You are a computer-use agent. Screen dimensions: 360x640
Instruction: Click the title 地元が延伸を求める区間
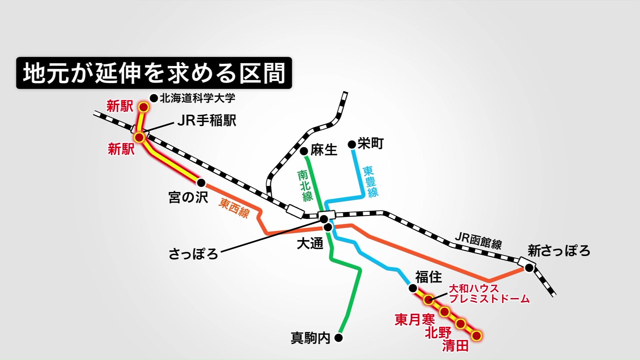[x=154, y=73]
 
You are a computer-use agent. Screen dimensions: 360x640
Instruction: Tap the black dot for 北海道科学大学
[x=154, y=98]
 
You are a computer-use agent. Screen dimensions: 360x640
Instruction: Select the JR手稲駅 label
[x=207, y=121]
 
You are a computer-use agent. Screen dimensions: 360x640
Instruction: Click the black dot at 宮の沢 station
[x=201, y=183]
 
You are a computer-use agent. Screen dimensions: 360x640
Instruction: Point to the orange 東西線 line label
[x=234, y=208]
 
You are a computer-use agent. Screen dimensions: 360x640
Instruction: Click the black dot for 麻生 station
[x=304, y=151]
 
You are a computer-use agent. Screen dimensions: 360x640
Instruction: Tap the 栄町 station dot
[x=352, y=144]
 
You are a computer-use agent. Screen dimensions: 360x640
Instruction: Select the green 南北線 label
[x=305, y=186]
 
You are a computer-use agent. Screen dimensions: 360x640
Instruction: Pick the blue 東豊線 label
[x=370, y=182]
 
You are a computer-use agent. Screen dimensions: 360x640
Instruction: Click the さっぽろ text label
[x=193, y=254]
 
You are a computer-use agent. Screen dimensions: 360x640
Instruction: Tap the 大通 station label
[x=310, y=244]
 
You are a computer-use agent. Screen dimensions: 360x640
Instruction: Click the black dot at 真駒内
[x=339, y=338]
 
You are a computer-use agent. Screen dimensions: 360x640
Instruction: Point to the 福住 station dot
[x=413, y=288]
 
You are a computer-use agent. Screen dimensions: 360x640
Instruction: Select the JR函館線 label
[x=478, y=241]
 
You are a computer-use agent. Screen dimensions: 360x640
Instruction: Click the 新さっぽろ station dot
[x=529, y=268]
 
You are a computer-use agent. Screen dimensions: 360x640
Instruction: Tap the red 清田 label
[x=455, y=346]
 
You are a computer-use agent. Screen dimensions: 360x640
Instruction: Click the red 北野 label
[x=438, y=333]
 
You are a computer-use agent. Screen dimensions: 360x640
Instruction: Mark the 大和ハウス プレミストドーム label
[x=489, y=293]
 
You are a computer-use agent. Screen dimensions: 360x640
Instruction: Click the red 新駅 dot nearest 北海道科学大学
[x=144, y=107]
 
